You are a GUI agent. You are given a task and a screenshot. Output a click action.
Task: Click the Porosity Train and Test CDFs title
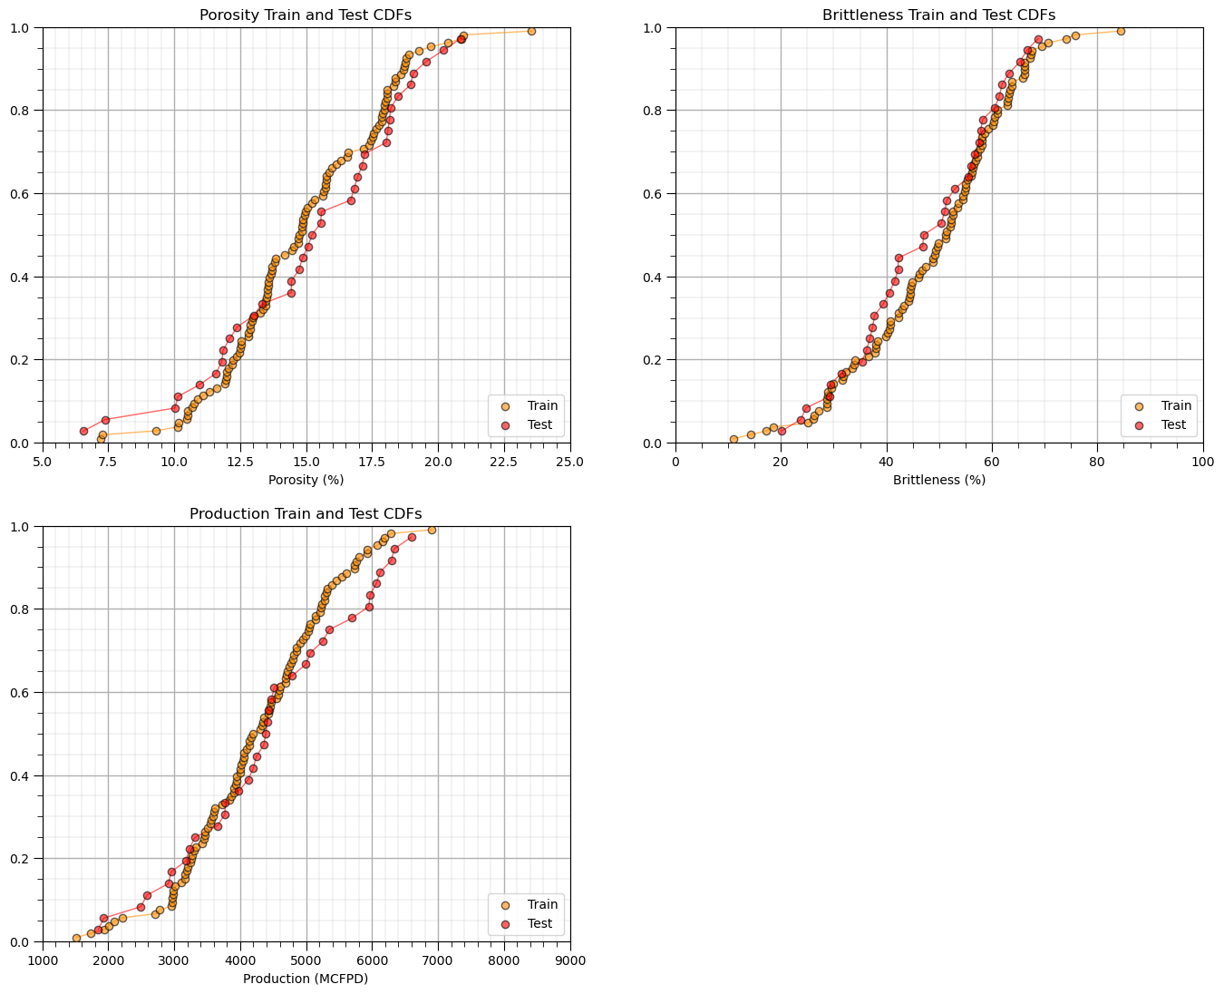pos(306,15)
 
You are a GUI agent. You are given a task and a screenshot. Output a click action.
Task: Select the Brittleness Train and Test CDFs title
pos(938,15)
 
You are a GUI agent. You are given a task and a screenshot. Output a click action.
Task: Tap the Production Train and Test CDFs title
pos(306,513)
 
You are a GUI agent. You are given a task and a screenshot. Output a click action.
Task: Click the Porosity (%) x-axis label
pos(306,479)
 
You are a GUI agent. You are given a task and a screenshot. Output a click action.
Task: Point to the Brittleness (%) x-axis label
pos(938,479)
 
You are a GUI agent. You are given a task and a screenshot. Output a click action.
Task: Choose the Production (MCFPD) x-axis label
pos(306,978)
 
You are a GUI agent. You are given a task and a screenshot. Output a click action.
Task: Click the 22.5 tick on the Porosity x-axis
pos(504,461)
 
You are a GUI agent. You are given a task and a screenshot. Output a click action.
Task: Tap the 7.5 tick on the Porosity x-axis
pos(108,461)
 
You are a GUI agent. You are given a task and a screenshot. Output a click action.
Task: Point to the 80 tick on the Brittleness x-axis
pos(1097,461)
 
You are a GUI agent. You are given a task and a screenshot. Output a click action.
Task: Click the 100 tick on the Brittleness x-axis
pos(1202,461)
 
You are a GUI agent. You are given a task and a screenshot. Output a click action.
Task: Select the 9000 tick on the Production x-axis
pos(569,960)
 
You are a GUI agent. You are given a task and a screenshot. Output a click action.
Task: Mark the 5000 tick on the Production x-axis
pos(306,960)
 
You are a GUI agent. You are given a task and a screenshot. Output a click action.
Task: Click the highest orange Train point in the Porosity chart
pos(531,31)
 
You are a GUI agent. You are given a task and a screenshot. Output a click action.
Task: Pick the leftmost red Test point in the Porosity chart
pos(83,431)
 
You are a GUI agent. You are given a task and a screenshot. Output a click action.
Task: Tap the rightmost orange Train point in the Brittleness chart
pos(1121,31)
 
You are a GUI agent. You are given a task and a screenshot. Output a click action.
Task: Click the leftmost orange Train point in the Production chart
pos(76,938)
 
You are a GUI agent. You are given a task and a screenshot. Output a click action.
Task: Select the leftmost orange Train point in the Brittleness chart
pos(733,439)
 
